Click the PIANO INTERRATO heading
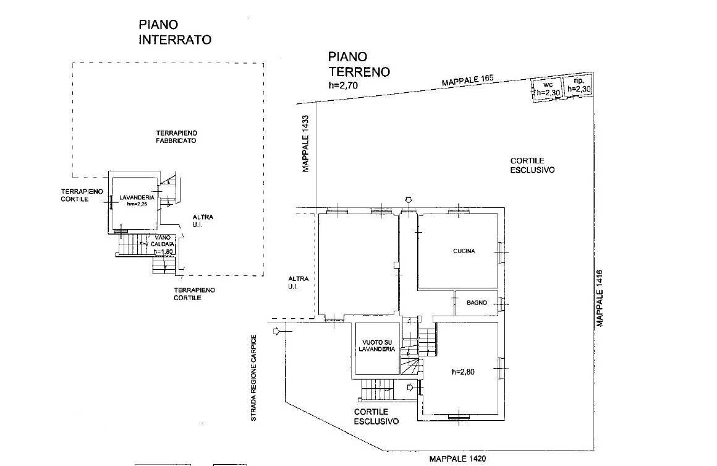[175, 32]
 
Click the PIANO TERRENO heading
[359, 64]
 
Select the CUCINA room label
[464, 251]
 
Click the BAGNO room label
[477, 303]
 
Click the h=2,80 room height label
[465, 372]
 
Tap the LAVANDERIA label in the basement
[137, 199]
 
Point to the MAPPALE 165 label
[468, 82]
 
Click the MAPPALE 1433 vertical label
[305, 144]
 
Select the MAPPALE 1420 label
[458, 459]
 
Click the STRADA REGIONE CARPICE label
[253, 378]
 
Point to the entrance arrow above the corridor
[407, 200]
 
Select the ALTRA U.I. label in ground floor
[294, 283]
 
